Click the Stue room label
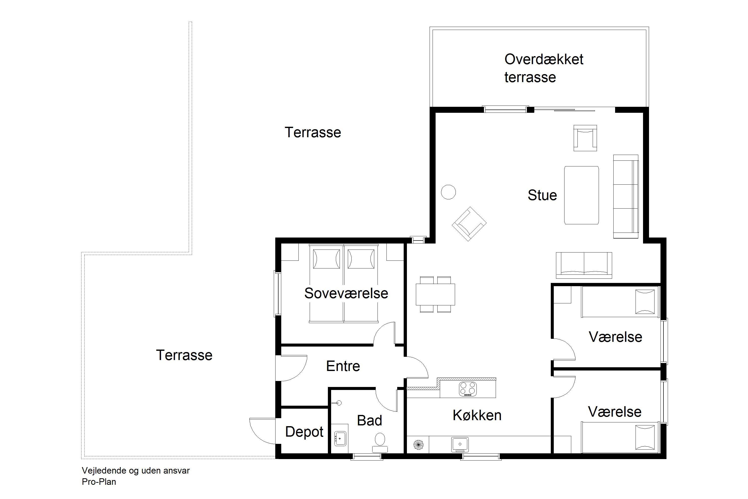pyautogui.click(x=542, y=195)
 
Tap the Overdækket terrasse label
pyautogui.click(x=544, y=68)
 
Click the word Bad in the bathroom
pyautogui.click(x=369, y=420)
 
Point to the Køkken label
pyautogui.click(x=477, y=415)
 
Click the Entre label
pyautogui.click(x=343, y=366)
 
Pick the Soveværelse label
pyautogui.click(x=346, y=293)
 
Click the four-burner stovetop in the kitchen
pyautogui.click(x=467, y=389)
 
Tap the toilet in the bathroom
pyautogui.click(x=380, y=443)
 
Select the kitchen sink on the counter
pyautogui.click(x=460, y=444)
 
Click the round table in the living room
pyautogui.click(x=448, y=192)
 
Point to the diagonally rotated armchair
pyautogui.click(x=469, y=224)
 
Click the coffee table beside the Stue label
pyautogui.click(x=581, y=195)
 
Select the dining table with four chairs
pyautogui.click(x=435, y=294)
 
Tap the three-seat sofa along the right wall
pyautogui.click(x=626, y=196)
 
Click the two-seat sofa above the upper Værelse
pyautogui.click(x=584, y=265)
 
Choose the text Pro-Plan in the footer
pyautogui.click(x=99, y=482)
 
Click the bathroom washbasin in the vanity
pyautogui.click(x=340, y=439)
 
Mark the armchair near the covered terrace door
pyautogui.click(x=585, y=138)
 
